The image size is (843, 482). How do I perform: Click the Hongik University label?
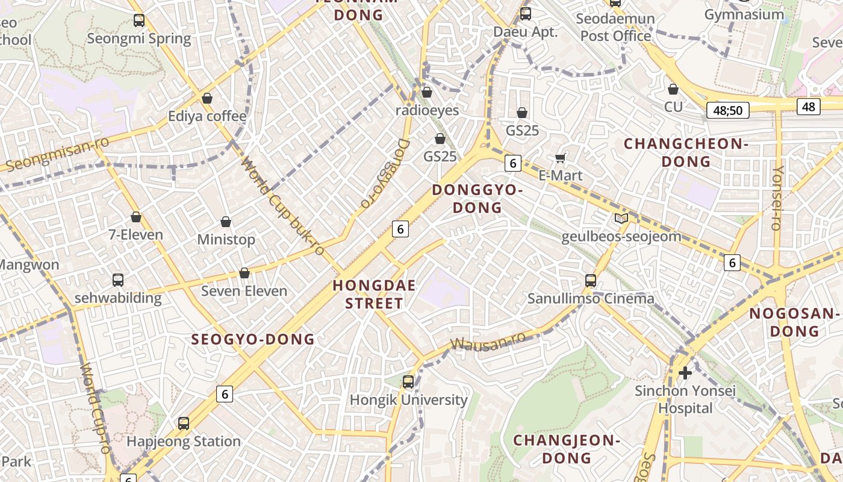tap(408, 400)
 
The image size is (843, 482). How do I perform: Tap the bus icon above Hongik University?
tap(408, 381)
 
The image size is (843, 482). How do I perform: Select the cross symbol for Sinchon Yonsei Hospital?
tap(685, 373)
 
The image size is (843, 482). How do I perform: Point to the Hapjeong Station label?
tap(184, 442)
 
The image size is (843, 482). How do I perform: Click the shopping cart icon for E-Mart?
tap(561, 158)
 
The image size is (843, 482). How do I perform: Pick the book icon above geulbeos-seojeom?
tap(621, 218)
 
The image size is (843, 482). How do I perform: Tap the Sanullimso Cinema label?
tap(591, 298)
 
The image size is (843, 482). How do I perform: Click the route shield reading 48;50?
tap(727, 110)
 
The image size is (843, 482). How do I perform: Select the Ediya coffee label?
tap(207, 116)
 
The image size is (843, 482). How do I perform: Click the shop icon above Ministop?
tap(226, 222)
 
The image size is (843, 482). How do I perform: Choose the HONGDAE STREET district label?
tap(374, 294)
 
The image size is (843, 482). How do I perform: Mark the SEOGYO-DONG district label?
tap(253, 339)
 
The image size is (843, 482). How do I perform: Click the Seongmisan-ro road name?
tap(57, 154)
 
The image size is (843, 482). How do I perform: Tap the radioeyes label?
tap(427, 110)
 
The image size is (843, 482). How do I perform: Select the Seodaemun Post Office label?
tap(615, 27)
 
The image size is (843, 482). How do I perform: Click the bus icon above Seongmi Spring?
tap(139, 20)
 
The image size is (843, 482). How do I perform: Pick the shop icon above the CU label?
tap(673, 89)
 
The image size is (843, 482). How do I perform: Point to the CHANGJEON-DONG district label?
tap(567, 449)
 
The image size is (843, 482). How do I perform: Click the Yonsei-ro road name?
tap(777, 198)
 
